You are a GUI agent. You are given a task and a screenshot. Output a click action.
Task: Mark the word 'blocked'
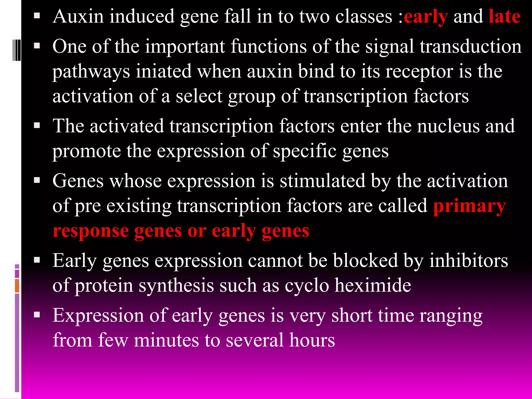[365, 261]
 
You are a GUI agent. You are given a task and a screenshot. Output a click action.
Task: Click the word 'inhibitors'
[468, 261]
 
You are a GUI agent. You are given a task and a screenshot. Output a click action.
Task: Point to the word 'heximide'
[373, 285]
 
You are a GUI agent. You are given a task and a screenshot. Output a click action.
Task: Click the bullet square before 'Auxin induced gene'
[37, 16]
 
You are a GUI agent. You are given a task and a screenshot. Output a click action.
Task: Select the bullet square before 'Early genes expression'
[37, 260]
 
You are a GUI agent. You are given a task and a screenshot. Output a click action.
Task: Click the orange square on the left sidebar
[17, 285]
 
